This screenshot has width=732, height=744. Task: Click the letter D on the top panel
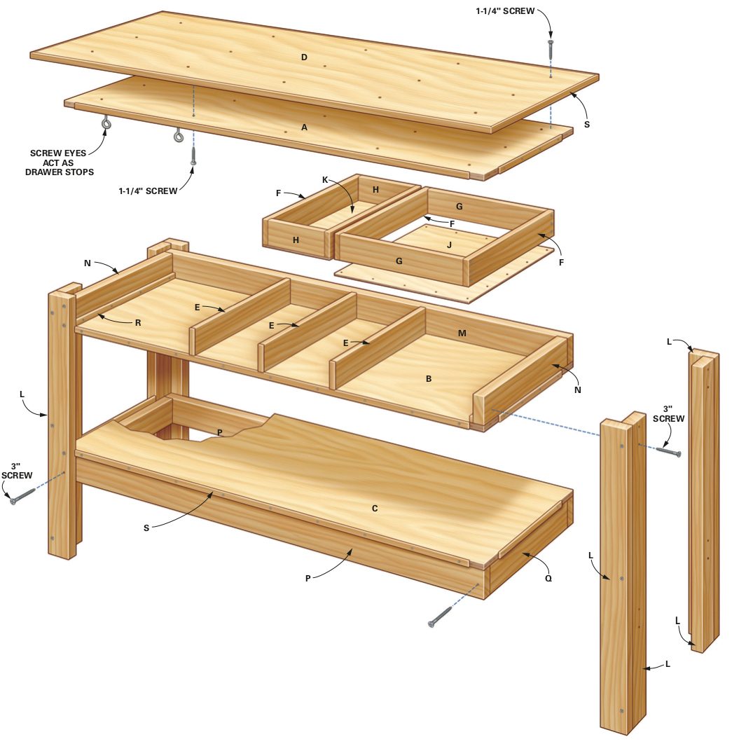coord(304,57)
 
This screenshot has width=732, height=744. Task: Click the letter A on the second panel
coord(305,128)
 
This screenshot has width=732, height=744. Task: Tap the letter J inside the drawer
coord(449,244)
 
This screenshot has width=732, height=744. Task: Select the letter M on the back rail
coord(462,333)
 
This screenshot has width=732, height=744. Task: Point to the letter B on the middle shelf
coord(429,378)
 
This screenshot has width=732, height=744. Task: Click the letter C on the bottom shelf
coord(375,508)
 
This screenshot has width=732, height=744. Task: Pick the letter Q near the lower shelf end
coord(548,579)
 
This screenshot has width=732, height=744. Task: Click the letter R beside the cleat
coord(138,323)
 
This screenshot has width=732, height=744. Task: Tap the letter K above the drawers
coord(325,180)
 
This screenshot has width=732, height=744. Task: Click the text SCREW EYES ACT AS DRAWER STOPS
coord(60,163)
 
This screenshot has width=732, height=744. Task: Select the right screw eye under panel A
coord(179,135)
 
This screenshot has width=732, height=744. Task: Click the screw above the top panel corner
coord(551,49)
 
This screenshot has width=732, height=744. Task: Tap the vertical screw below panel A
coord(193,156)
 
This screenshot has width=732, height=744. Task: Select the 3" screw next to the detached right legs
coord(670,451)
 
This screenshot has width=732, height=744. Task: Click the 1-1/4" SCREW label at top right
coord(505,11)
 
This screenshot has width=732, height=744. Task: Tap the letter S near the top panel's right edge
coord(587,124)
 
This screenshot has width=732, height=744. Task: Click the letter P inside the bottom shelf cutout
coord(220,432)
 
